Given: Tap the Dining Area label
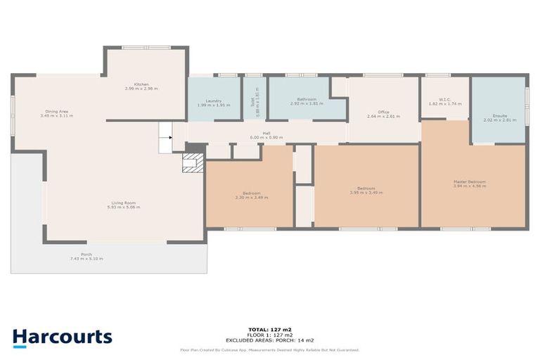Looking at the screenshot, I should (56, 111).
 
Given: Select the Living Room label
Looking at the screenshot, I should (123, 203).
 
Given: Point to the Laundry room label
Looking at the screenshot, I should (214, 101).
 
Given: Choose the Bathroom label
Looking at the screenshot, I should (307, 100).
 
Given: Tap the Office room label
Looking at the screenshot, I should (383, 112).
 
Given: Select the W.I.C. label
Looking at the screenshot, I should (444, 99).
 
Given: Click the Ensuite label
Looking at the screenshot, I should (500, 115).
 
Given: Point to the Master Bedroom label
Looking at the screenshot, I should (469, 182).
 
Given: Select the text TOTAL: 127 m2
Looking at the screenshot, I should (270, 328).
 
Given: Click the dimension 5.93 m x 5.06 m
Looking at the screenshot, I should (123, 207).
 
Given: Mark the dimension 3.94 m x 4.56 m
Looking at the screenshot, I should (469, 186).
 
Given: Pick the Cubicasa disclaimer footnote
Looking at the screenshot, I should (270, 349).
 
